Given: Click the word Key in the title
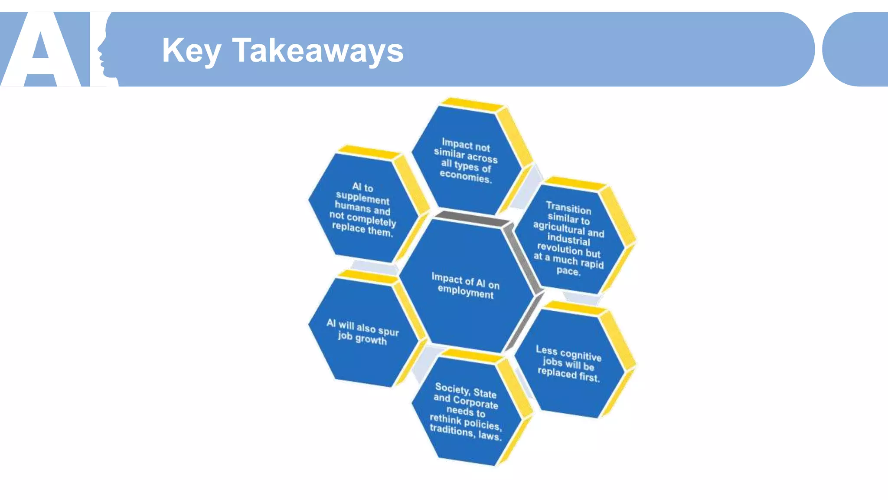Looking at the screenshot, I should (191, 51).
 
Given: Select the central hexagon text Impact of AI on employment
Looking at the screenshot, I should (465, 285).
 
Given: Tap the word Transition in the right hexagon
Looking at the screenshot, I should (568, 208).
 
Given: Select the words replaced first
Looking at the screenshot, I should (568, 374).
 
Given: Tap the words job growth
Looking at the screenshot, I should (362, 338).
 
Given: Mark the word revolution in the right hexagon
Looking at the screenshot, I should (560, 248).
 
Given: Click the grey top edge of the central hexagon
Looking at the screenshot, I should (473, 218).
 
